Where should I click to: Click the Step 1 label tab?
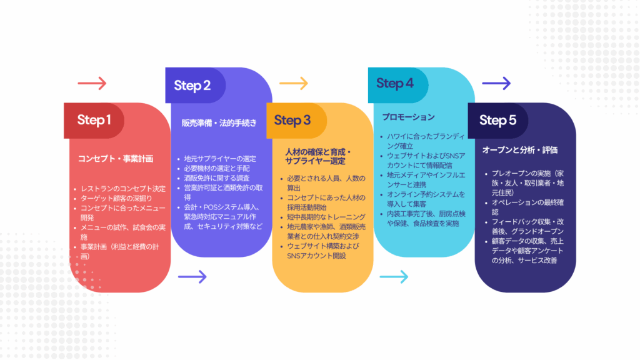94,121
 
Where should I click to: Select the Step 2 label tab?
195,85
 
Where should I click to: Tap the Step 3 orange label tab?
296,121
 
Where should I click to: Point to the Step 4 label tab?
398,85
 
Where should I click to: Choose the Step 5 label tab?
498,121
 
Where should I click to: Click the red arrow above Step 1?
92,83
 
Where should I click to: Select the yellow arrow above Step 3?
294,83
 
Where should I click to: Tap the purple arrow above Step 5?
496,83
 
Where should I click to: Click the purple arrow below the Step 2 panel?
192,277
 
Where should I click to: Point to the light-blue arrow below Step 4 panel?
394,277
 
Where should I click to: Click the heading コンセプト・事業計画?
116,159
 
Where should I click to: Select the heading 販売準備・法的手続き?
219,123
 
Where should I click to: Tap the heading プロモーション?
408,117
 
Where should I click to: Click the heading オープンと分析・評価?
520,150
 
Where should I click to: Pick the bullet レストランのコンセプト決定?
123,189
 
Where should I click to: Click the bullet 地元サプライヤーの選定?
220,158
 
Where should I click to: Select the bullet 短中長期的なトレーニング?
326,217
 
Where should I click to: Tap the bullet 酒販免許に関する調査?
217,178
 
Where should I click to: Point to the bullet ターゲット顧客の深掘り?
116,198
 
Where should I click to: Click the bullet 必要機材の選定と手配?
217,168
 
